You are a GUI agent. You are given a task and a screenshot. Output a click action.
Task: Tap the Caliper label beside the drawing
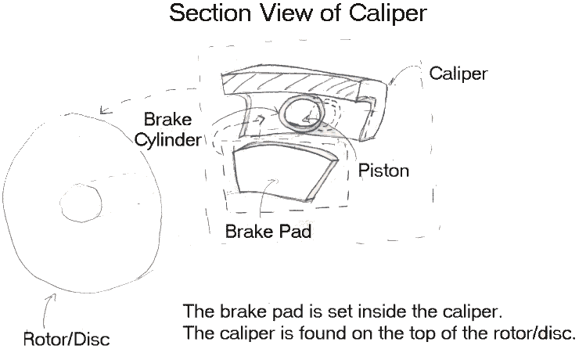[x=458, y=74]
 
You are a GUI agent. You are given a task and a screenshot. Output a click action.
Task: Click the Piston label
[x=383, y=171]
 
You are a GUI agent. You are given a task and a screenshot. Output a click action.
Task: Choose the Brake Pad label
[x=265, y=232]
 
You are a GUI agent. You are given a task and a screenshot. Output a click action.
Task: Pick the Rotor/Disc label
[x=65, y=340]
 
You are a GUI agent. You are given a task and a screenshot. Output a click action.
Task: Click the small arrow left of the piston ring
[x=258, y=120]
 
